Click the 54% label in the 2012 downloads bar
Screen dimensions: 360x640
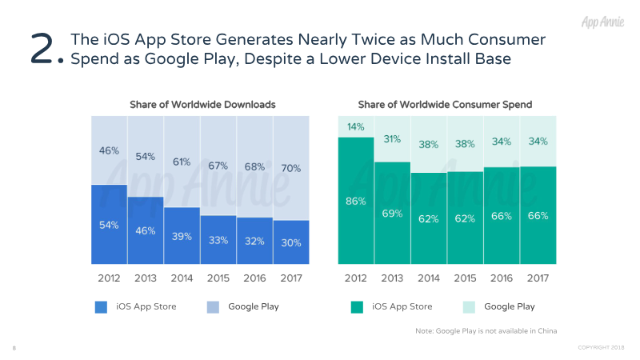pyautogui.click(x=109, y=225)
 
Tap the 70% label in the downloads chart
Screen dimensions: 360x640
pyautogui.click(x=291, y=168)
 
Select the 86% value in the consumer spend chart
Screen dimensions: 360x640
pyautogui.click(x=355, y=202)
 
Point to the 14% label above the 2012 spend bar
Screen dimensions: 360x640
pyautogui.click(x=355, y=126)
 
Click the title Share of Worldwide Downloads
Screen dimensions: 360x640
pyautogui.click(x=202, y=104)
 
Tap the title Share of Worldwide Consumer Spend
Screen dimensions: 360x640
pyautogui.click(x=445, y=104)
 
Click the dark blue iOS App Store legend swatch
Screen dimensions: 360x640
pyautogui.click(x=101, y=306)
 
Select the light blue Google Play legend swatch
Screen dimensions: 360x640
pyautogui.click(x=213, y=306)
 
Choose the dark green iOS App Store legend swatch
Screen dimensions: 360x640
pyautogui.click(x=357, y=306)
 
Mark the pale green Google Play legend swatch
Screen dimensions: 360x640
pyautogui.click(x=469, y=306)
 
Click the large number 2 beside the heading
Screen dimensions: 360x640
pyautogui.click(x=44, y=49)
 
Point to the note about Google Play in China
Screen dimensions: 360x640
pyautogui.click(x=486, y=330)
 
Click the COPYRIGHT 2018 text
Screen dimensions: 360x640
pyautogui.click(x=602, y=348)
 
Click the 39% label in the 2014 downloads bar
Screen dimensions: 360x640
pyautogui.click(x=182, y=236)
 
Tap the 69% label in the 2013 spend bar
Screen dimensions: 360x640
pyautogui.click(x=392, y=213)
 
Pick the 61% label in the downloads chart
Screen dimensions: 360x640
pyautogui.click(x=182, y=162)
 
